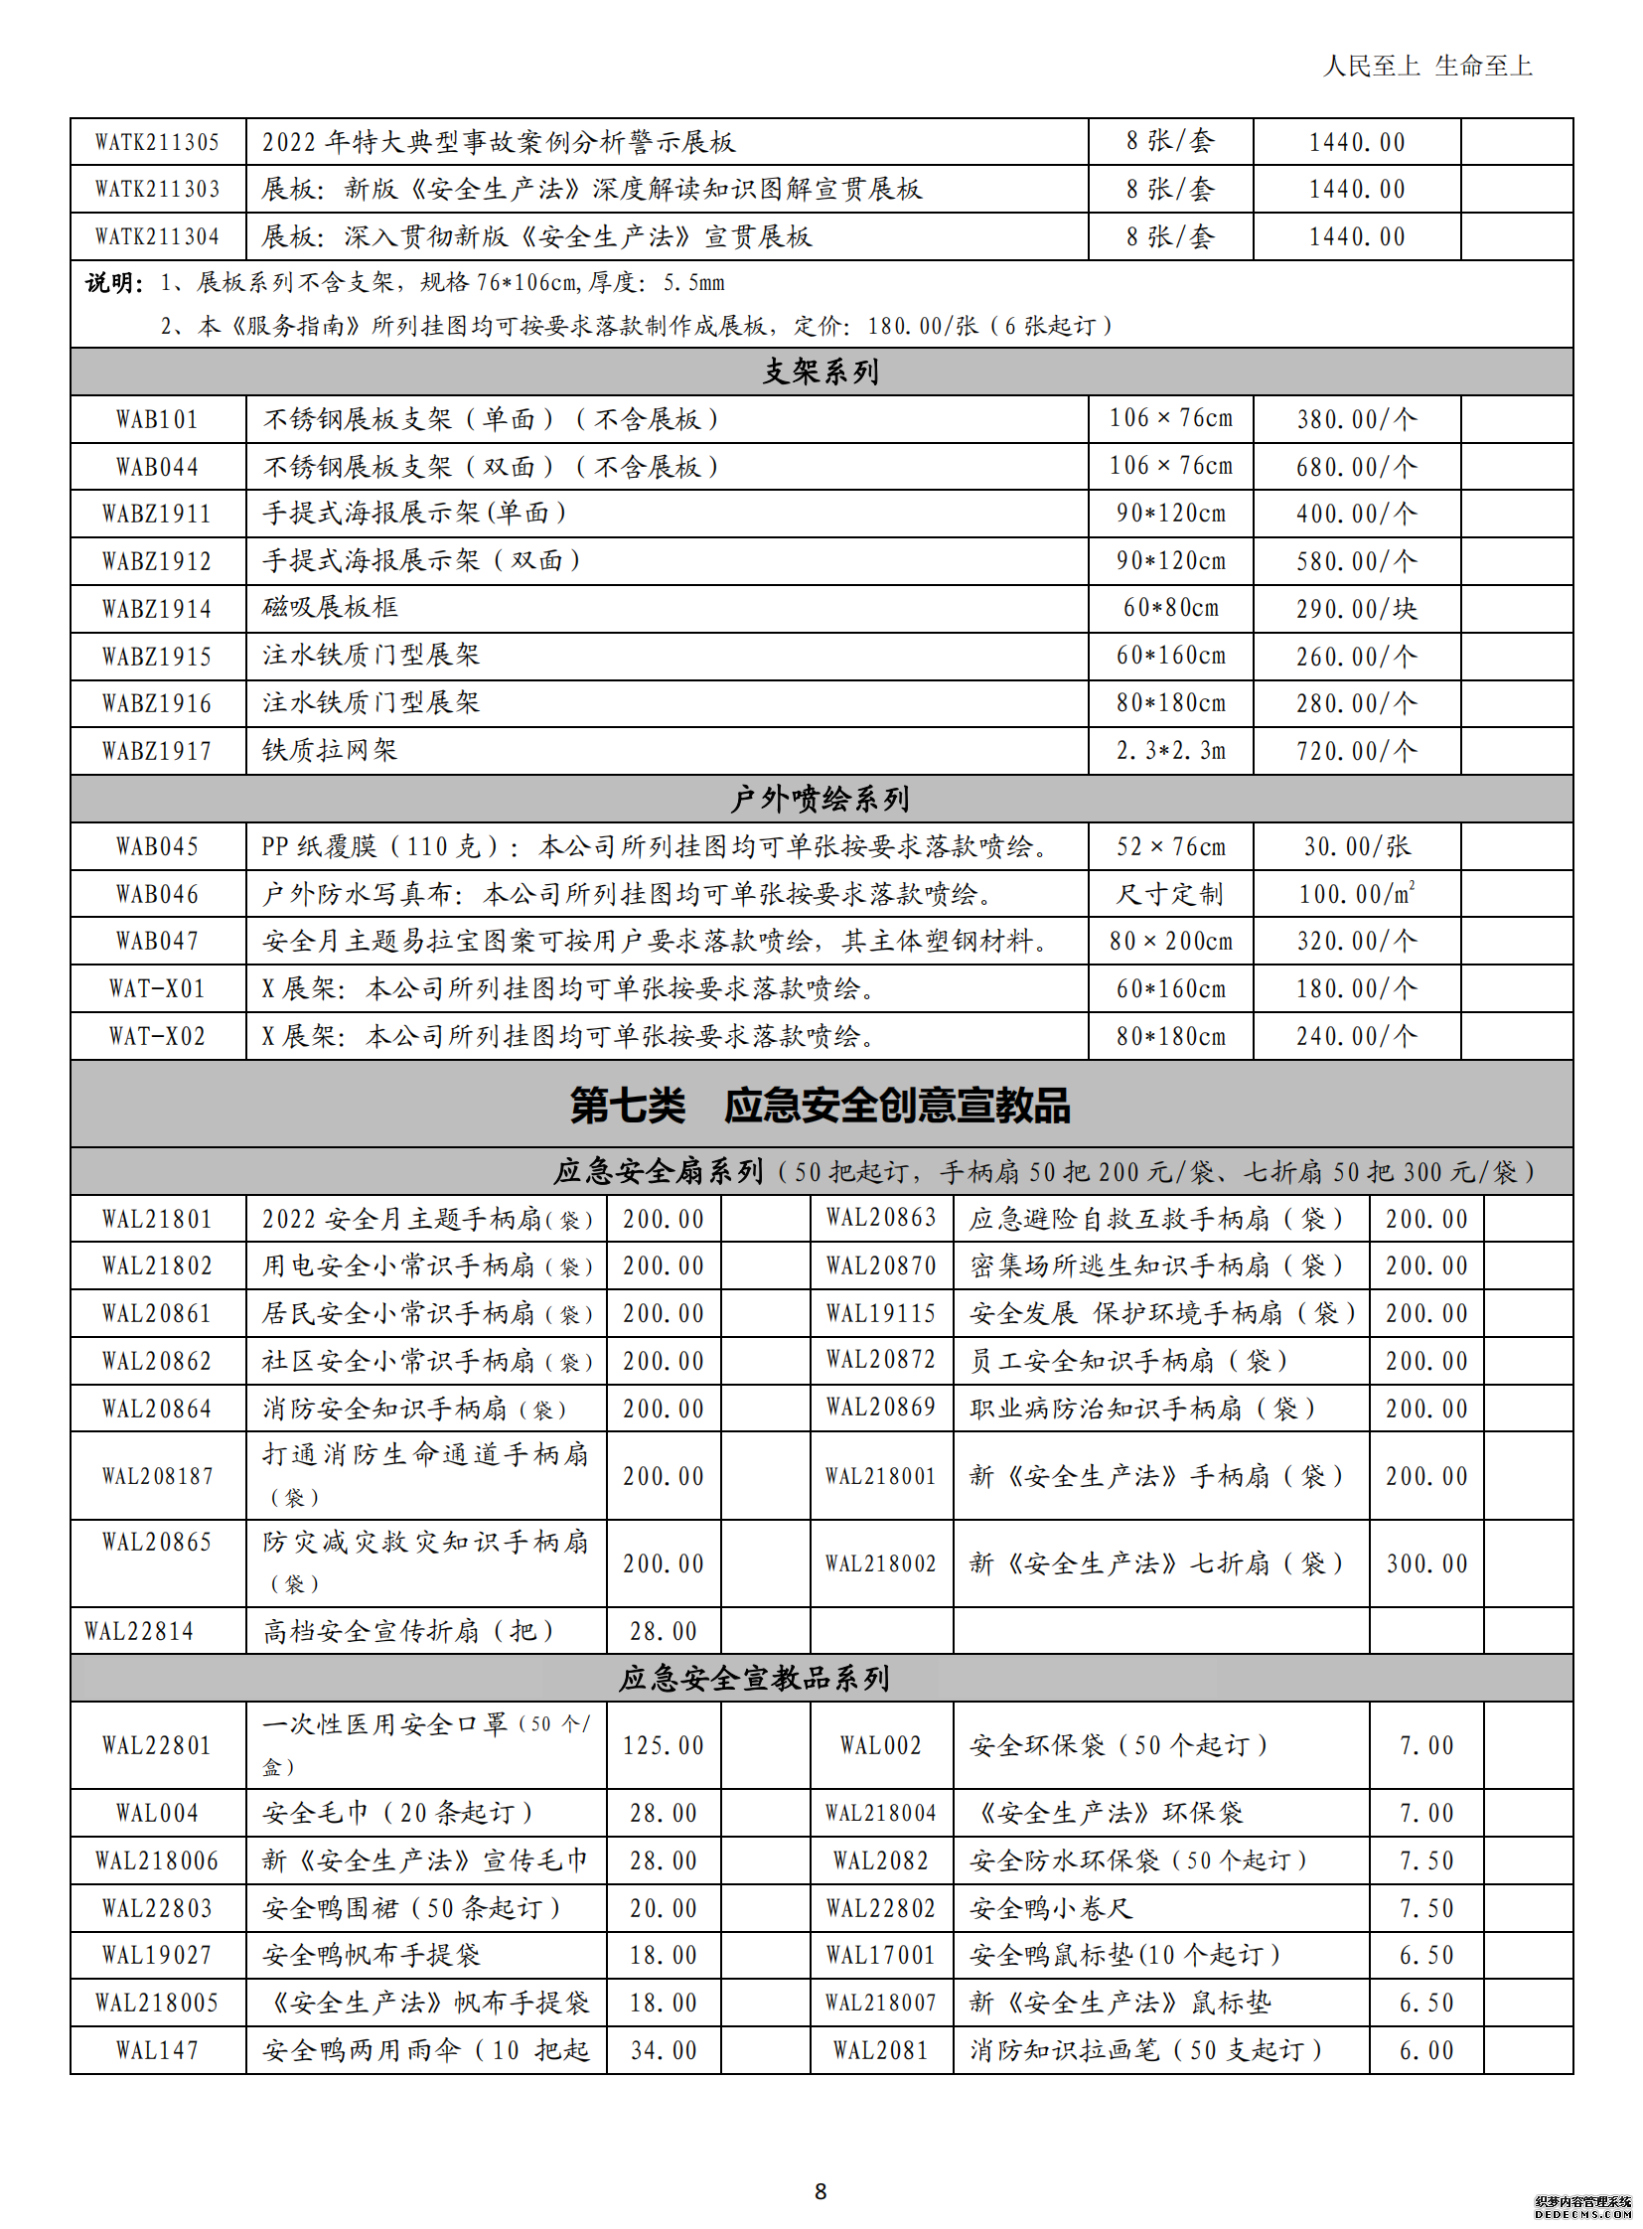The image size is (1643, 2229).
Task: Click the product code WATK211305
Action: click(x=157, y=142)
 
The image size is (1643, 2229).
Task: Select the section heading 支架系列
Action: click(x=821, y=372)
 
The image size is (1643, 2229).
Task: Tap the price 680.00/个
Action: click(x=1356, y=467)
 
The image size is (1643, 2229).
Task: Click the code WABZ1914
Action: click(x=157, y=609)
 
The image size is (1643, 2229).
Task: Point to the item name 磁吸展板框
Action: click(x=330, y=607)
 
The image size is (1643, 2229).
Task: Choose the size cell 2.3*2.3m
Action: click(x=1170, y=751)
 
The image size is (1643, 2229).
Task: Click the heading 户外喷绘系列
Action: click(x=821, y=799)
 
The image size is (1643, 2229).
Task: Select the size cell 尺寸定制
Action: click(x=1169, y=894)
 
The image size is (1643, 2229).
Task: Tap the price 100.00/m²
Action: click(x=1357, y=894)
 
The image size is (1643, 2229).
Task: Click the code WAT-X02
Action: click(x=157, y=1036)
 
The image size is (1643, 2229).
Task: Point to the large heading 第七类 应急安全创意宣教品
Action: click(x=821, y=1105)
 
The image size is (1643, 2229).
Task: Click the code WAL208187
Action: click(x=157, y=1476)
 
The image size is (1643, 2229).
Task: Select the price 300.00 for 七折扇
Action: click(x=1426, y=1563)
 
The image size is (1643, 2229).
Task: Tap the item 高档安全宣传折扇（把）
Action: click(x=408, y=1631)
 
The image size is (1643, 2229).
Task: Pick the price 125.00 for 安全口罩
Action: click(x=664, y=1745)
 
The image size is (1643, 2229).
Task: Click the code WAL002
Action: click(x=880, y=1745)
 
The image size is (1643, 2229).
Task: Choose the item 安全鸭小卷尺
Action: click(x=1051, y=1908)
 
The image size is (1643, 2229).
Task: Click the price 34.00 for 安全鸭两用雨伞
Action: click(x=664, y=2050)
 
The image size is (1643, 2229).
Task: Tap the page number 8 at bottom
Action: click(x=821, y=2191)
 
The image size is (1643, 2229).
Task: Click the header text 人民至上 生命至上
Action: click(x=1427, y=67)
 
